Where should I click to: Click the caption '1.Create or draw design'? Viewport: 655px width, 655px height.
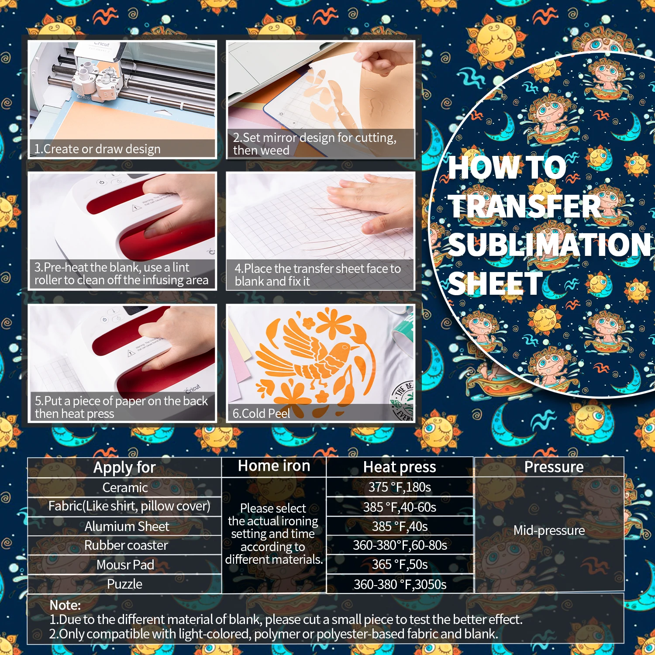pos(97,149)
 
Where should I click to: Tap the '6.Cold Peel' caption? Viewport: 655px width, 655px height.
pos(261,413)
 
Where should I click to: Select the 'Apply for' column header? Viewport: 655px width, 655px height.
pos(124,467)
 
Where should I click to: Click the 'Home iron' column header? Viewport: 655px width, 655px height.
pos(274,466)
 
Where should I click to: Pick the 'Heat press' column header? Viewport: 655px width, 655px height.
pos(400,467)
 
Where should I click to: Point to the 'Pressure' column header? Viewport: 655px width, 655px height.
pos(554,467)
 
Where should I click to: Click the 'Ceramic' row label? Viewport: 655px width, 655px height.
pos(125,487)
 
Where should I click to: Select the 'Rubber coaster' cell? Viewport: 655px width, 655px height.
pos(126,545)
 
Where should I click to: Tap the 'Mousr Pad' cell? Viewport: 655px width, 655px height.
pos(125,565)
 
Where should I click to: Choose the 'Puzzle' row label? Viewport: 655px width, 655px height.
pos(125,584)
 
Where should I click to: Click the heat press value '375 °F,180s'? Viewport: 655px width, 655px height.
pos(400,487)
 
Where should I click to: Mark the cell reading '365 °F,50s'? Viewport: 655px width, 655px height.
pos(400,564)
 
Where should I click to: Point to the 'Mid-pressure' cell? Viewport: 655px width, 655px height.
pos(549,530)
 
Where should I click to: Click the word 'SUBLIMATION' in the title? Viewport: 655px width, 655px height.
pos(549,245)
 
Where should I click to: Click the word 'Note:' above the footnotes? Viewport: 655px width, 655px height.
pos(65,605)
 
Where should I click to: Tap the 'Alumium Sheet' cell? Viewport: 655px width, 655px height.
pos(127,526)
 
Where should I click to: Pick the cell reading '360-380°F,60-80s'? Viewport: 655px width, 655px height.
pos(400,545)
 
